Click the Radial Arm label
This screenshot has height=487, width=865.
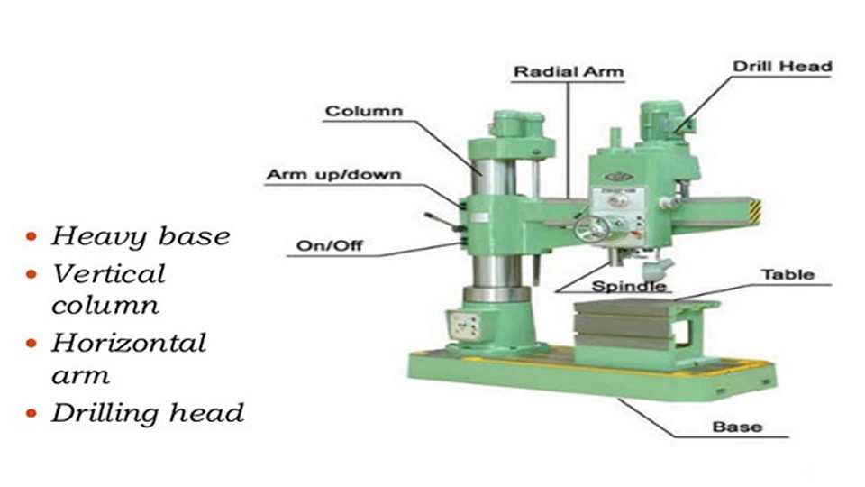point(569,72)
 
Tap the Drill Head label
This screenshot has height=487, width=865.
point(782,67)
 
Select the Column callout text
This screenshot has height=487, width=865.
point(364,111)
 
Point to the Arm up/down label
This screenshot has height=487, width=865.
point(333,175)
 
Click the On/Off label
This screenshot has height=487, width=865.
point(330,245)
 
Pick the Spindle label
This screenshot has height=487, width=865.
point(629,286)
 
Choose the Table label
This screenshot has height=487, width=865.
point(788,275)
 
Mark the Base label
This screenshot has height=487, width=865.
point(737,427)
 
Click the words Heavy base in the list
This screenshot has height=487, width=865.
point(141,237)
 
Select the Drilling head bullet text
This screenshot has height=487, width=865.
point(147,414)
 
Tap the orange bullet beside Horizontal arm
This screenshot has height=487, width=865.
point(32,344)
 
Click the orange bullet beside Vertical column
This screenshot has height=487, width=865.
point(32,274)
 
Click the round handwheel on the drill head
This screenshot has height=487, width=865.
point(591,229)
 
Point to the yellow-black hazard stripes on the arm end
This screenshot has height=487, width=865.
point(755,212)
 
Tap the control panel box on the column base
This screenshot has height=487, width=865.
point(465,326)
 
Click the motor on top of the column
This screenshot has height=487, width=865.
point(516,124)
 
